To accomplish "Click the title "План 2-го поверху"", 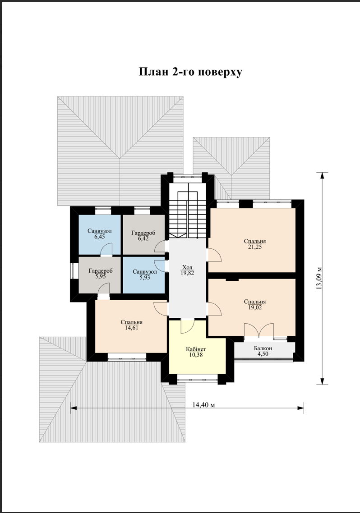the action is (190, 72).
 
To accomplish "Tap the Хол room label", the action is (187, 267).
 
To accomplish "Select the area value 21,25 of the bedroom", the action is (254, 247).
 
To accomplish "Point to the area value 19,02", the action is (254, 307).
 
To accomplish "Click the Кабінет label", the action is (196, 349).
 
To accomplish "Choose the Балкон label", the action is (263, 348).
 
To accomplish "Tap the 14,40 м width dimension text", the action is (203, 405).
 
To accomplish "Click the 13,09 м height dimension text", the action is (320, 277).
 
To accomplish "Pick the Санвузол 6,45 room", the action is (100, 234).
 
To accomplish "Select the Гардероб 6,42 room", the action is (143, 234).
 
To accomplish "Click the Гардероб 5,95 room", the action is (100, 275).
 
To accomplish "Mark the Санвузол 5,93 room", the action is (143, 275).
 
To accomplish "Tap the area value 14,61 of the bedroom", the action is (131, 328).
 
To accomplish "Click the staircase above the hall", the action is (187, 211).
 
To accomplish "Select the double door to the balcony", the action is (259, 330).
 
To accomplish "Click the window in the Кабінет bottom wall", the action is (198, 380).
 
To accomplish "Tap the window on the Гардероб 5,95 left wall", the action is (73, 270).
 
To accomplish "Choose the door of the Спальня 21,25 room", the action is (214, 255).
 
